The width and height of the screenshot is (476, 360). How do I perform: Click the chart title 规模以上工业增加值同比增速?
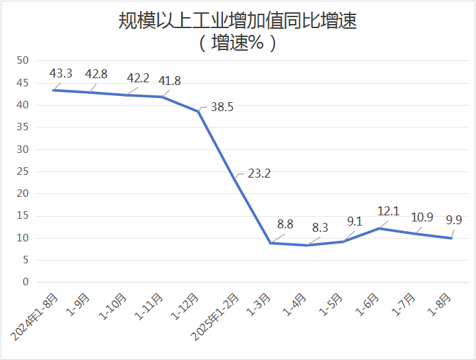tap(237, 21)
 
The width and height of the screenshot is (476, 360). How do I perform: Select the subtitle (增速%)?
tap(237, 43)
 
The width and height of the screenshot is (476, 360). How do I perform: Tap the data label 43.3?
tap(62, 73)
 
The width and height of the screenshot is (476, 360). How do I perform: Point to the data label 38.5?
tap(222, 107)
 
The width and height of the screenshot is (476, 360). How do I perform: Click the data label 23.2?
tap(259, 173)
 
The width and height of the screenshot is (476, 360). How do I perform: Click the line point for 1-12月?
tap(198, 111)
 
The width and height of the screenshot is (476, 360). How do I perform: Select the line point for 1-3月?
tap(271, 243)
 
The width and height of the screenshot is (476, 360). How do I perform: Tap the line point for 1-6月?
tap(379, 228)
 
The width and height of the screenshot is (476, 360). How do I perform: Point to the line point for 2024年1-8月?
tap(53, 90)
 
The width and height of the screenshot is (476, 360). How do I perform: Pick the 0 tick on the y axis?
tap(25, 282)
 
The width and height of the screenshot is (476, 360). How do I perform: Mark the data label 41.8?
tap(169, 81)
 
